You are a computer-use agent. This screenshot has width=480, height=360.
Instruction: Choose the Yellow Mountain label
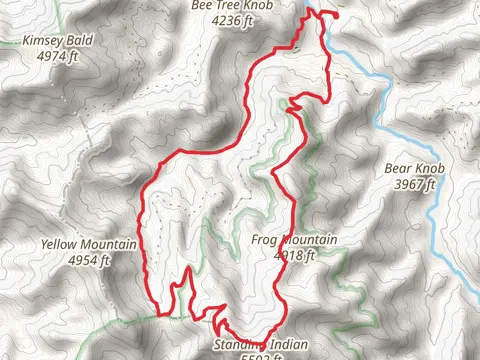pos(89,245)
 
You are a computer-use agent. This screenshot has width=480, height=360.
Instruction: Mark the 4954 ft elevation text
pos(89,259)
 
